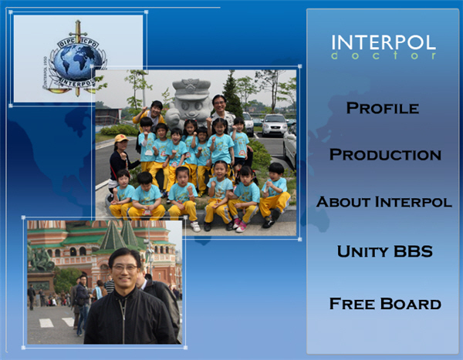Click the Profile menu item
pyautogui.click(x=383, y=108)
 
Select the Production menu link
pyautogui.click(x=385, y=155)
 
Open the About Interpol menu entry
pyautogui.click(x=384, y=202)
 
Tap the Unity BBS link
pyautogui.click(x=385, y=251)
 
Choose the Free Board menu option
pyautogui.click(x=385, y=304)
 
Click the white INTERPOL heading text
pyautogui.click(x=384, y=42)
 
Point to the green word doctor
pyautogui.click(x=384, y=56)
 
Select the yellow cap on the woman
pyautogui.click(x=120, y=138)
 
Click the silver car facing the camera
pyautogui.click(x=274, y=125)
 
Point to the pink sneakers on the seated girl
pyautogui.click(x=239, y=225)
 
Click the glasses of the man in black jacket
pyautogui.click(x=124, y=268)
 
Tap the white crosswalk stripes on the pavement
pyautogui.click(x=57, y=322)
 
